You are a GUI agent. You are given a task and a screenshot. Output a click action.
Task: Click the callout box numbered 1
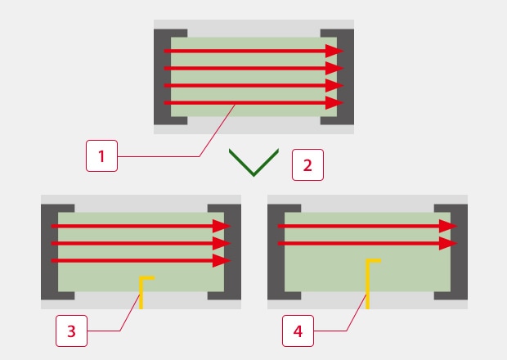coord(101,155)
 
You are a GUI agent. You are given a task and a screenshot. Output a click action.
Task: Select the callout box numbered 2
coord(307,164)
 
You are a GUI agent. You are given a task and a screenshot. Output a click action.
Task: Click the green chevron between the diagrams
coord(254,163)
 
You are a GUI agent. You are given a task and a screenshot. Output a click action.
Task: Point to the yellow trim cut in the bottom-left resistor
coord(143,290)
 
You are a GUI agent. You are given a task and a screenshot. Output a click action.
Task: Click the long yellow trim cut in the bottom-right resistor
coord(370,282)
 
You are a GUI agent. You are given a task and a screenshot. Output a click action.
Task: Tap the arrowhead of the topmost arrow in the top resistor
coord(334,52)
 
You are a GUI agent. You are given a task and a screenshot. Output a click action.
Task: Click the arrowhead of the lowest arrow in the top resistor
coord(334,103)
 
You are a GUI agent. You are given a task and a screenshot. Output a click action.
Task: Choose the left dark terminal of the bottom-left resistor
coord(50,252)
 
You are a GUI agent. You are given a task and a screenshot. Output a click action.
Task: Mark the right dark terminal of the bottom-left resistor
coord(232,252)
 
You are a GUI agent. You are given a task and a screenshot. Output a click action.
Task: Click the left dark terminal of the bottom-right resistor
coord(276,252)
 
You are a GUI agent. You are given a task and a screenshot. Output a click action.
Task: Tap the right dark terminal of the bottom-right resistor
coord(459,252)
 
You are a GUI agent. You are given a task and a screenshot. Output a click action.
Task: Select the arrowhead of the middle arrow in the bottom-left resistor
coord(222,244)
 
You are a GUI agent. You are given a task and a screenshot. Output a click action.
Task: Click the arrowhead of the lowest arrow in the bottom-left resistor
coord(222,261)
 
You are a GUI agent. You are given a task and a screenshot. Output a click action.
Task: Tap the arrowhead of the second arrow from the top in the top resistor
coord(334,69)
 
